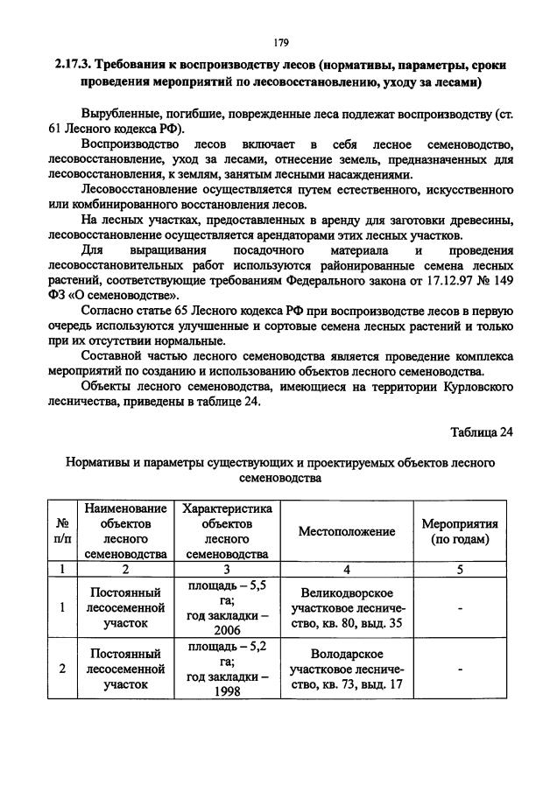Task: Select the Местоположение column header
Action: [x=346, y=531]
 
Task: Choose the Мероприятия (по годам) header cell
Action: [x=460, y=531]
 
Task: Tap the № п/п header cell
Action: [x=62, y=531]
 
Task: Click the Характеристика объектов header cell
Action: [x=227, y=531]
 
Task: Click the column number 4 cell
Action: [x=346, y=570]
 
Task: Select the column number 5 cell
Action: [x=460, y=570]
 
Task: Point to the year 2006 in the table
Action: [x=227, y=629]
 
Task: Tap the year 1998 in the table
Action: [x=227, y=691]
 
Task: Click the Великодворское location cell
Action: [x=346, y=608]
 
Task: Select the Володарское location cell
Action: [x=346, y=669]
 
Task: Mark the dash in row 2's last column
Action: [x=460, y=669]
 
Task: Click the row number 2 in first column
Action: [x=62, y=669]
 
